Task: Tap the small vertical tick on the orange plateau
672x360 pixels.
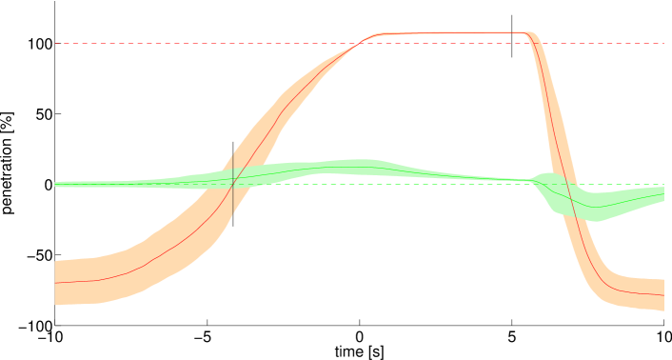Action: (x=513, y=33)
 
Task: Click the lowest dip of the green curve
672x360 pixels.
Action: (x=595, y=207)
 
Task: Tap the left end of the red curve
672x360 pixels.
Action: (x=56, y=283)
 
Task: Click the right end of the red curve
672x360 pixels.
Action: (x=662, y=295)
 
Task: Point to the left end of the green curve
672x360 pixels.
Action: (x=56, y=185)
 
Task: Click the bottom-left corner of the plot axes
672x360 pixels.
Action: (x=55, y=326)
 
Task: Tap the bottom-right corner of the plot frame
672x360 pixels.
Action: (x=663, y=326)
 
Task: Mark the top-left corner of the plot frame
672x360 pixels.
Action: (x=55, y=2)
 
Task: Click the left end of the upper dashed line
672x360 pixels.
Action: (x=57, y=43)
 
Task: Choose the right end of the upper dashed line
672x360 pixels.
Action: (x=662, y=43)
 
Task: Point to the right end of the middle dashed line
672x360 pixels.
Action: (x=662, y=185)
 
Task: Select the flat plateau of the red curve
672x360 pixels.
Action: (x=447, y=33)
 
